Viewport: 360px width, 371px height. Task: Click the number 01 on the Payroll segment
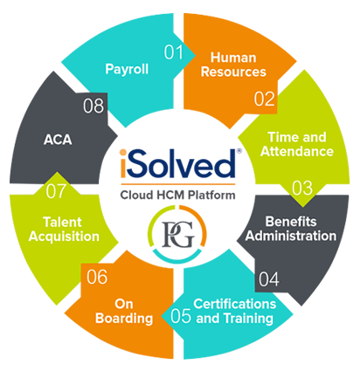pos(174,52)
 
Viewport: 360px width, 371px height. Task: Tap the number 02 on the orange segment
pos(264,100)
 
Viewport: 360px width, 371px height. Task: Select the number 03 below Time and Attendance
pos(302,189)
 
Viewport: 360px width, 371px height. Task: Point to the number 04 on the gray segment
pos(269,279)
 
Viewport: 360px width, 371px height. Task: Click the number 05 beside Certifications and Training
pos(181,316)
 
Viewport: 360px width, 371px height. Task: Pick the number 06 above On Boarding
pos(97,277)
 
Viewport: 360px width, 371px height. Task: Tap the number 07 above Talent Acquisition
pos(56,191)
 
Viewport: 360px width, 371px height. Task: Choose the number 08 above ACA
pos(93,106)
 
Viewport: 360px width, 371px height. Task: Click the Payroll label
pos(127,70)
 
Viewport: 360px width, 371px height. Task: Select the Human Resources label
pos(233,65)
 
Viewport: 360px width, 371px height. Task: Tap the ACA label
pos(58,140)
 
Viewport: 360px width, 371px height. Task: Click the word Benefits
pos(291,222)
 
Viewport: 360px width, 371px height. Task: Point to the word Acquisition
pos(64,237)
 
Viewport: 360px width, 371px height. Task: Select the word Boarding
pos(124,319)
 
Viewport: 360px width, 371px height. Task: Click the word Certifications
pos(235,304)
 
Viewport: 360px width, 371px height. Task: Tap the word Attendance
pos(297,151)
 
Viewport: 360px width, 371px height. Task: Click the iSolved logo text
pos(178,163)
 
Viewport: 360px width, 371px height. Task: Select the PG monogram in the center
pos(178,234)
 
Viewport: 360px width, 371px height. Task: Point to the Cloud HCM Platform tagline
pos(177,195)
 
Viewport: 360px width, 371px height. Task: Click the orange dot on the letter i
pos(123,153)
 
